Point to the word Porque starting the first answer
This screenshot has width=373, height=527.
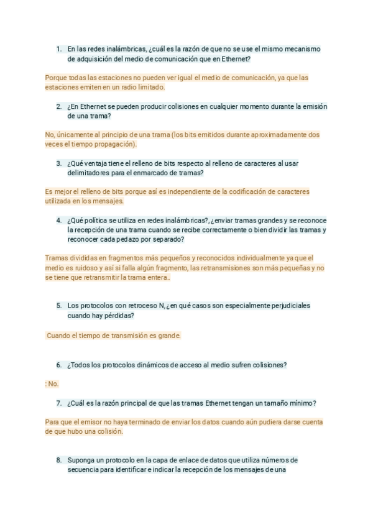56,78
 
